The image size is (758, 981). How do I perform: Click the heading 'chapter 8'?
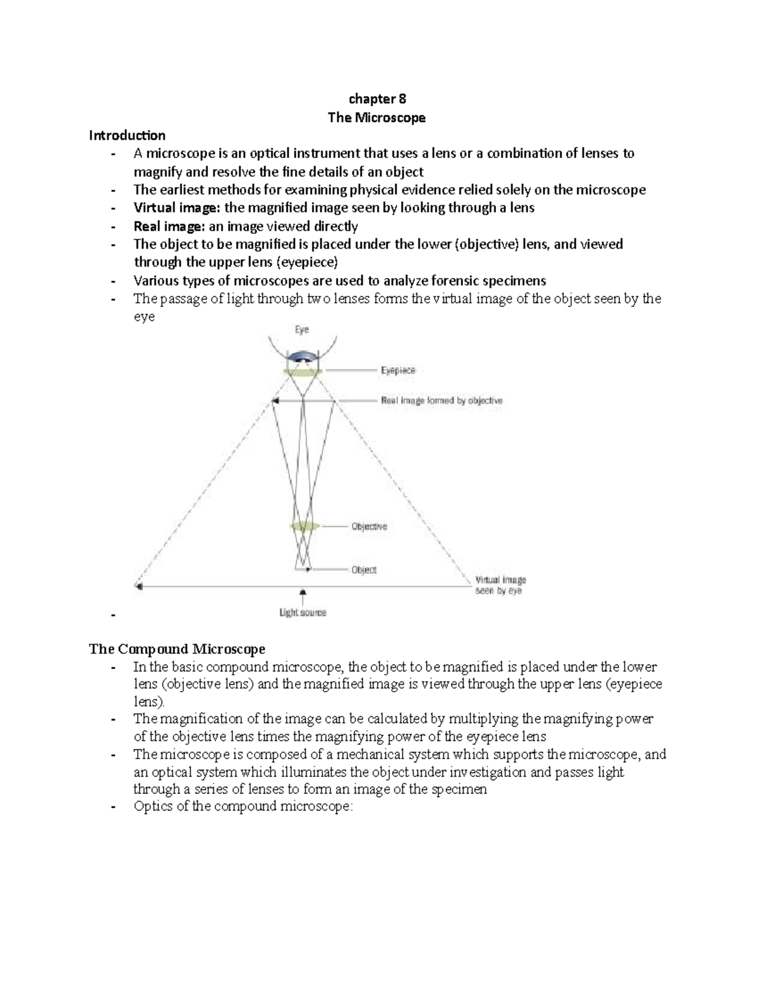click(x=377, y=99)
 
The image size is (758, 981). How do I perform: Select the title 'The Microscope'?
click(x=377, y=117)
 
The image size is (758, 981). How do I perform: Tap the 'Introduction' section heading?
click(x=127, y=135)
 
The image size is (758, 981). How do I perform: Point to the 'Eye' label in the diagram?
click(x=302, y=330)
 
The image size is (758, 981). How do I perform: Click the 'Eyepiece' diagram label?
click(x=398, y=371)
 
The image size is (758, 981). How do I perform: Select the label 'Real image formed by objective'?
click(x=442, y=400)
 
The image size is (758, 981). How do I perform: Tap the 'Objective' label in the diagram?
click(x=369, y=526)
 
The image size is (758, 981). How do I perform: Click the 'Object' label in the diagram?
click(x=364, y=569)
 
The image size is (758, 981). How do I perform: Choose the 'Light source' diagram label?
click(x=303, y=612)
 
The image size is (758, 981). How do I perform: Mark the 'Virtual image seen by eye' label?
click(x=500, y=585)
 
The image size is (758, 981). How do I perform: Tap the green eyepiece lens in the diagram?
click(x=303, y=372)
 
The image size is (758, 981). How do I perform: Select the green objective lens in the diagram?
click(x=304, y=526)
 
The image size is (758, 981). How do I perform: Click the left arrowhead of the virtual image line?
click(x=138, y=586)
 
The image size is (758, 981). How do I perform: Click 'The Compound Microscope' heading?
click(x=177, y=649)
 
